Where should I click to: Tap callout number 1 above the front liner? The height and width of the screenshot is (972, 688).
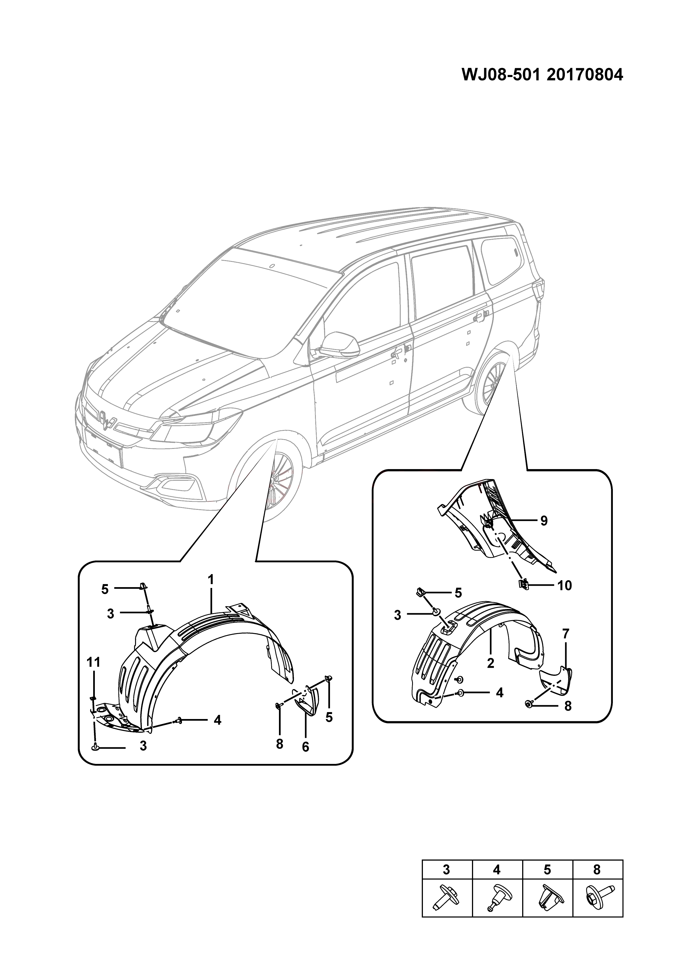pos(210,579)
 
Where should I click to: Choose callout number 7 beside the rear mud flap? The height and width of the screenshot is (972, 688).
pos(566,634)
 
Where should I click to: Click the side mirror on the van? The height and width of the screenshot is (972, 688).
pos(339,345)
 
